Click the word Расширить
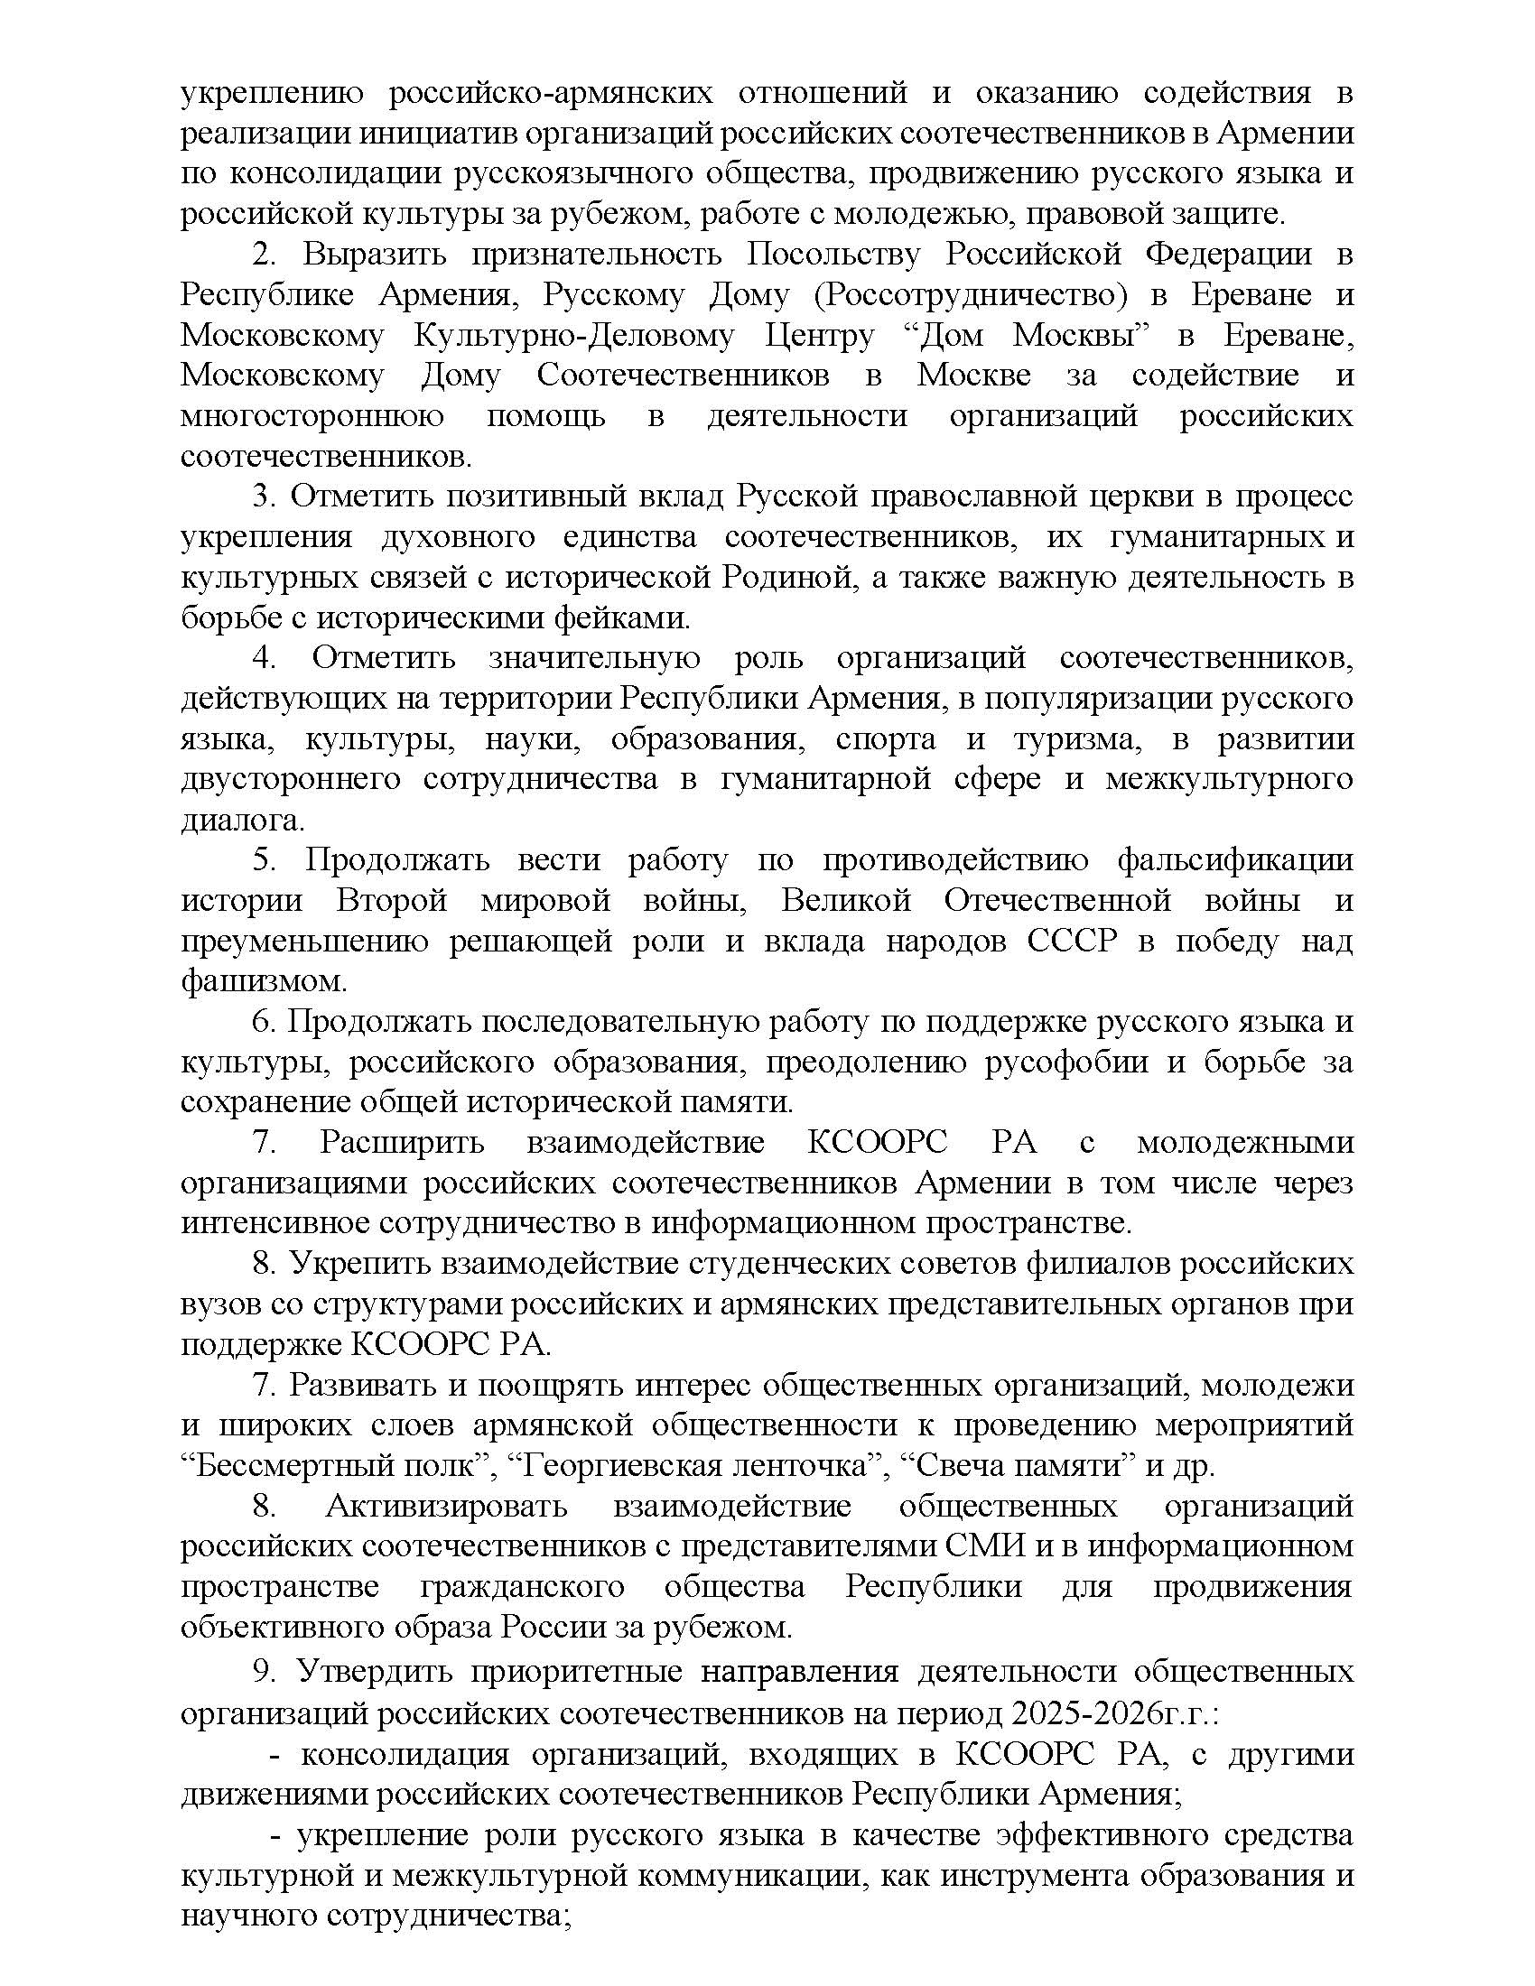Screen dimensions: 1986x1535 coord(402,1143)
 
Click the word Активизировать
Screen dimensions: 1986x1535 coord(446,1507)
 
